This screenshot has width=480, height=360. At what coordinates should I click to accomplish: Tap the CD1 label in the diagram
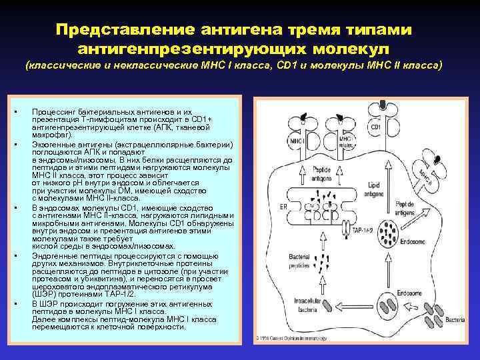coord(375,127)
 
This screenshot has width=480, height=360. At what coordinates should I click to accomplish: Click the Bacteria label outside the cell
coord(455,321)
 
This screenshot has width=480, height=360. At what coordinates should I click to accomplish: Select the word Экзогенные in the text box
coord(55,145)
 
